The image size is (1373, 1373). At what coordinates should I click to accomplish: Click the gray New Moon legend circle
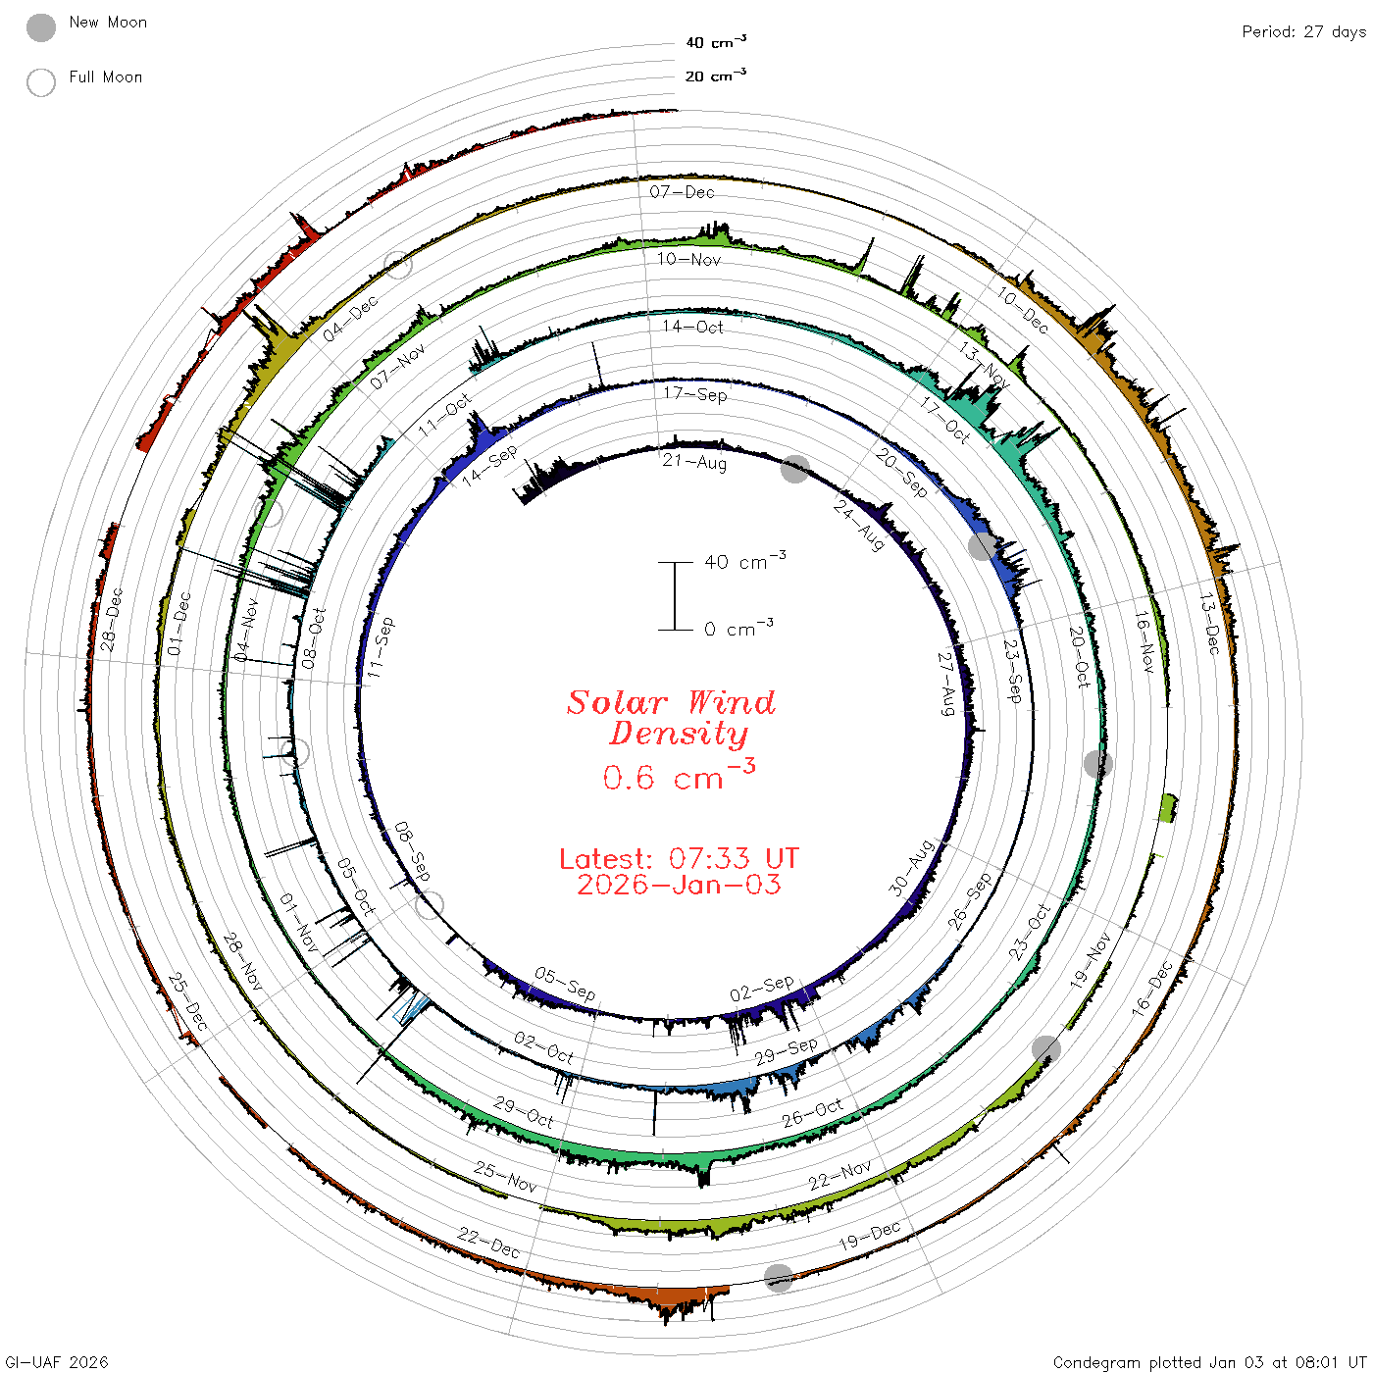point(40,27)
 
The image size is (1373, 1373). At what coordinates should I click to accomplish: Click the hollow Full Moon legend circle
point(40,82)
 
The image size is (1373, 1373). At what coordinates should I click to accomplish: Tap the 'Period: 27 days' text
point(1303,32)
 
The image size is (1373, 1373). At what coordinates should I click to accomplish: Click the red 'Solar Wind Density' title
point(671,718)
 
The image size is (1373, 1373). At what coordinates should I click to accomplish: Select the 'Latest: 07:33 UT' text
point(679,858)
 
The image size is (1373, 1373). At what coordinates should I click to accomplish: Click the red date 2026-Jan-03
point(679,885)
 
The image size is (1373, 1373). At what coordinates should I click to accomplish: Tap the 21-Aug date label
point(694,462)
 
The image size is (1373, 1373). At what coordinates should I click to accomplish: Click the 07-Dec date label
point(682,192)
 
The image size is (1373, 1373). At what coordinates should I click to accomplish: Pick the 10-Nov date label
point(688,259)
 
